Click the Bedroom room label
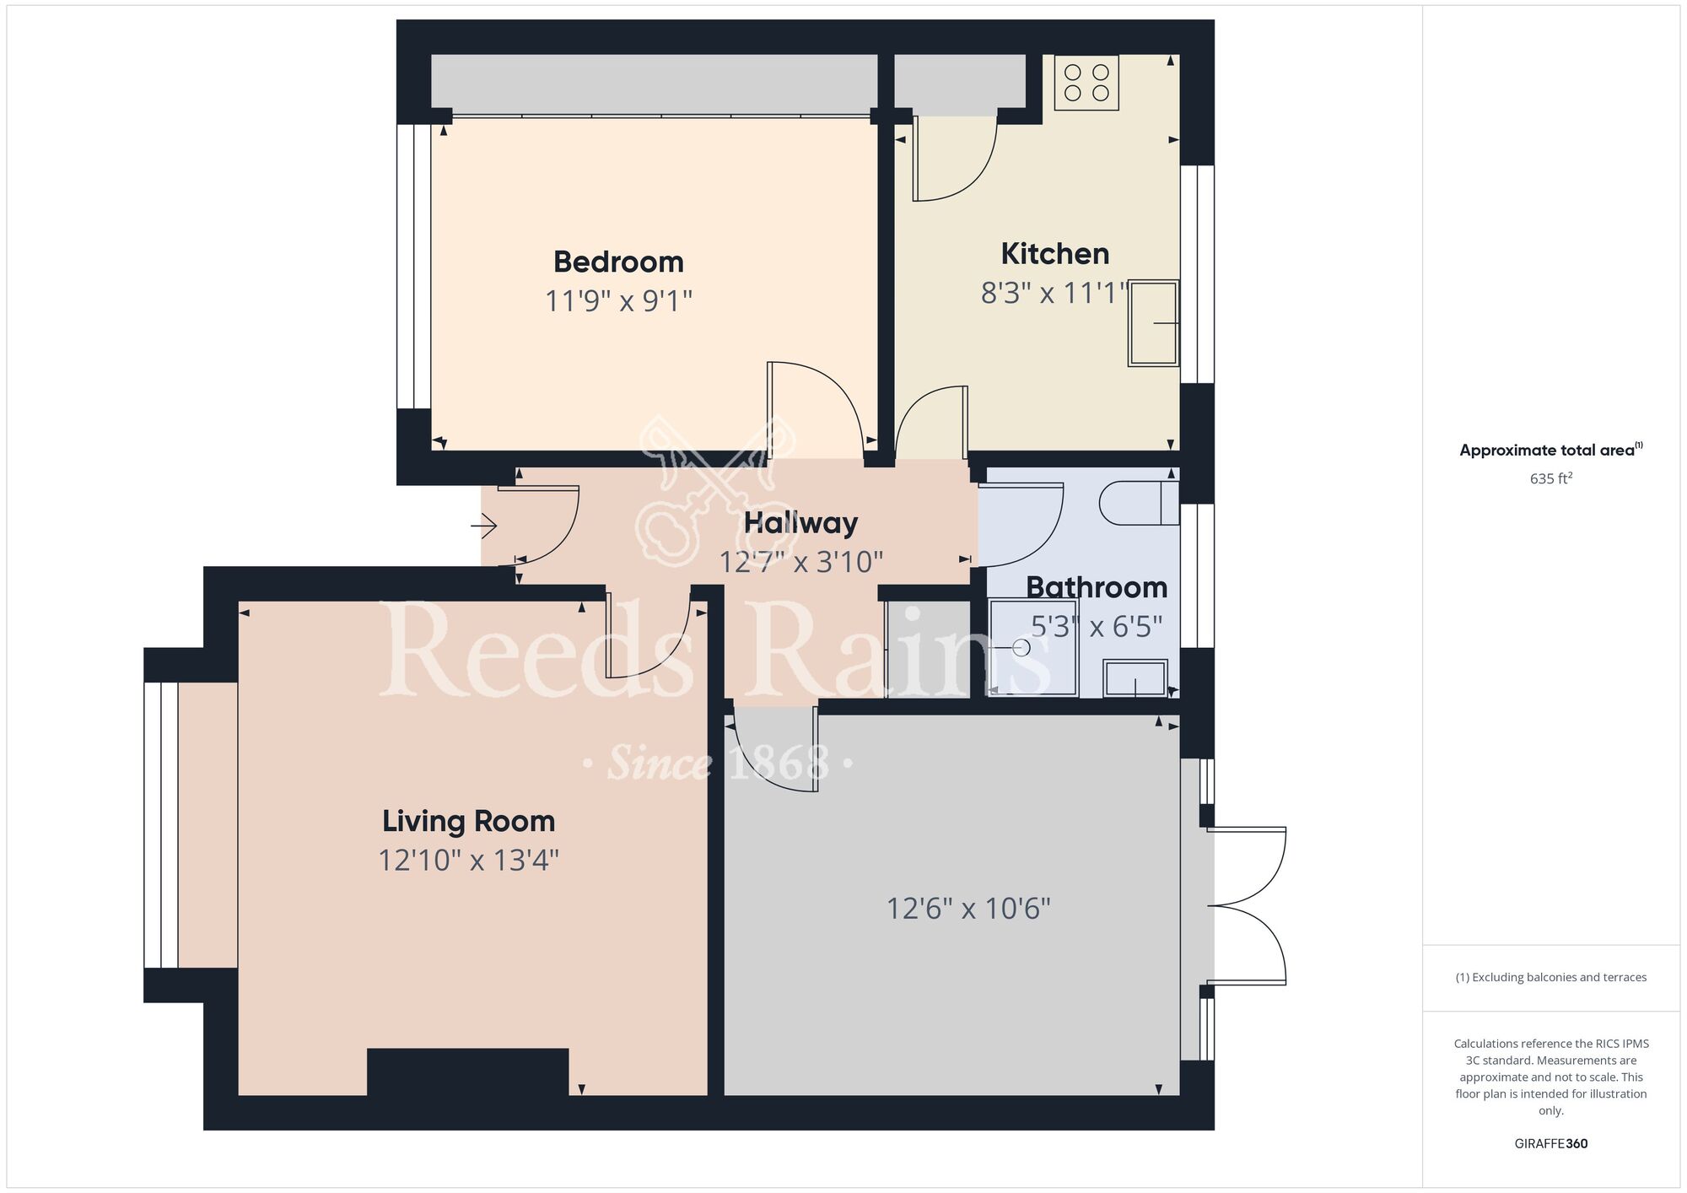click(x=618, y=262)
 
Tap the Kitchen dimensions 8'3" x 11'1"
click(x=1054, y=293)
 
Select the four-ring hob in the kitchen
click(x=1086, y=83)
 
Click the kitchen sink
click(x=1153, y=323)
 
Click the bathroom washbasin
click(x=1135, y=678)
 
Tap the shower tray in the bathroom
click(x=1033, y=648)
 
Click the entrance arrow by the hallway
click(x=484, y=527)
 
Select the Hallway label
click(x=800, y=523)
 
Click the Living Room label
click(x=468, y=821)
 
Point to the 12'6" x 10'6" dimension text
click(x=968, y=909)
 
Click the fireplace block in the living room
click(x=467, y=1072)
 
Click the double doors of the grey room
click(x=1247, y=906)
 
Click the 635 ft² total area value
click(x=1551, y=478)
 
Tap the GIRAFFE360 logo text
click(x=1551, y=1144)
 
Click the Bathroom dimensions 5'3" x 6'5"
click(x=1097, y=627)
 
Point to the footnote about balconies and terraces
click(x=1551, y=977)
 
